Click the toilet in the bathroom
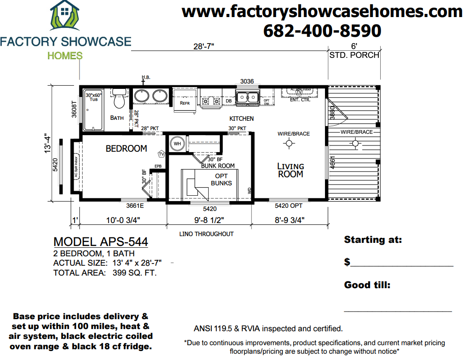click(119, 100)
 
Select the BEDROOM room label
click(126, 149)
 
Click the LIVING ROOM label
click(290, 170)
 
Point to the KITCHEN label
click(242, 119)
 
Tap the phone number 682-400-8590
click(322, 31)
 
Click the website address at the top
click(322, 11)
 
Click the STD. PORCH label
click(354, 55)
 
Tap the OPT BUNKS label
click(221, 180)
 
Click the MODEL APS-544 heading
click(101, 242)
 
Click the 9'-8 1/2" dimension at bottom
click(209, 220)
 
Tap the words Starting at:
click(373, 240)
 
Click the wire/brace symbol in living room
click(289, 143)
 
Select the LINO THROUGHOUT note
click(206, 234)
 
